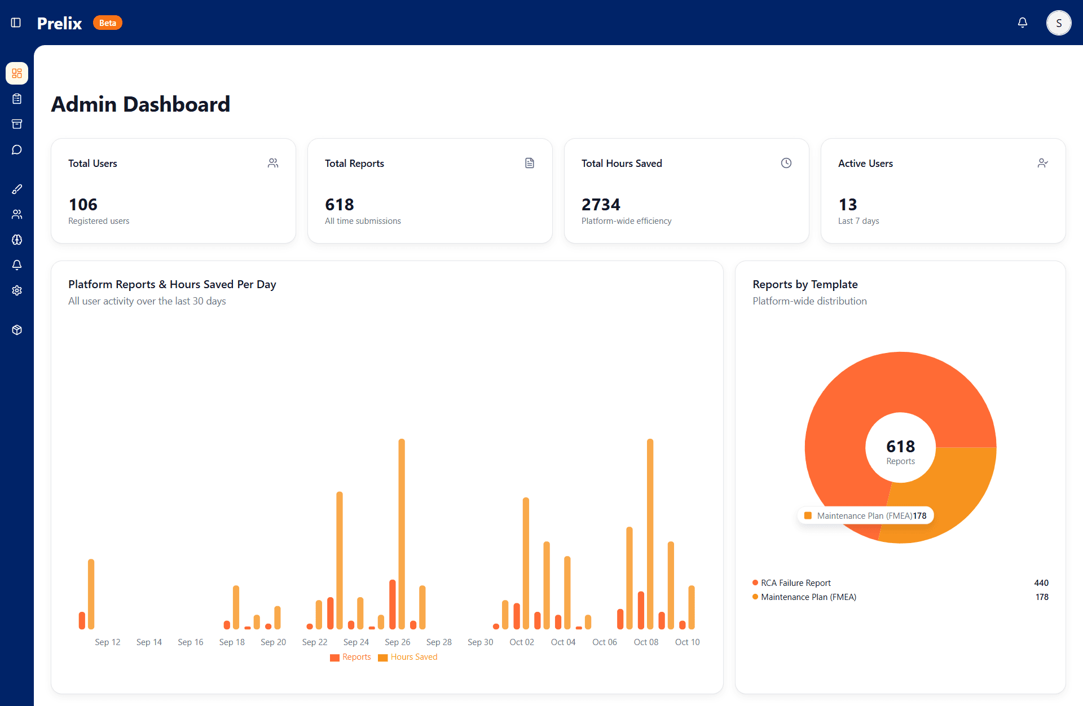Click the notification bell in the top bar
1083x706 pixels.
click(x=1022, y=23)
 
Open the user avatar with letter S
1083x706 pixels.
click(x=1058, y=23)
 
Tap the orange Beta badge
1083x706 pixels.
click(x=107, y=23)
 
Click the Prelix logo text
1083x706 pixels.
click(x=59, y=23)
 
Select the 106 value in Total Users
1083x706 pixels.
click(x=83, y=204)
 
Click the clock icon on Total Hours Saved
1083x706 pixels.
click(x=786, y=163)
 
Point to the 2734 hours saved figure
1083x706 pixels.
click(x=601, y=204)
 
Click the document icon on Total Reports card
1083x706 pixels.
click(x=529, y=163)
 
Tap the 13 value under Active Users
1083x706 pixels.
click(x=847, y=204)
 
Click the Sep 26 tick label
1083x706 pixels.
click(x=397, y=642)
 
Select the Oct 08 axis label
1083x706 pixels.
click(x=646, y=642)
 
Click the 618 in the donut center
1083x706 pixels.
click(x=900, y=447)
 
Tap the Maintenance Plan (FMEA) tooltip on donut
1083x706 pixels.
click(x=865, y=515)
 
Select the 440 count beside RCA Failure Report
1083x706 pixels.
click(x=1041, y=583)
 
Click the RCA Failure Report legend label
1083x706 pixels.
click(x=795, y=583)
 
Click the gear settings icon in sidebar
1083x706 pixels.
click(x=17, y=290)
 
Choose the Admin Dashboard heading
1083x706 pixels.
click(x=140, y=104)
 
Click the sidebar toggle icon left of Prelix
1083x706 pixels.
click(x=16, y=23)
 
